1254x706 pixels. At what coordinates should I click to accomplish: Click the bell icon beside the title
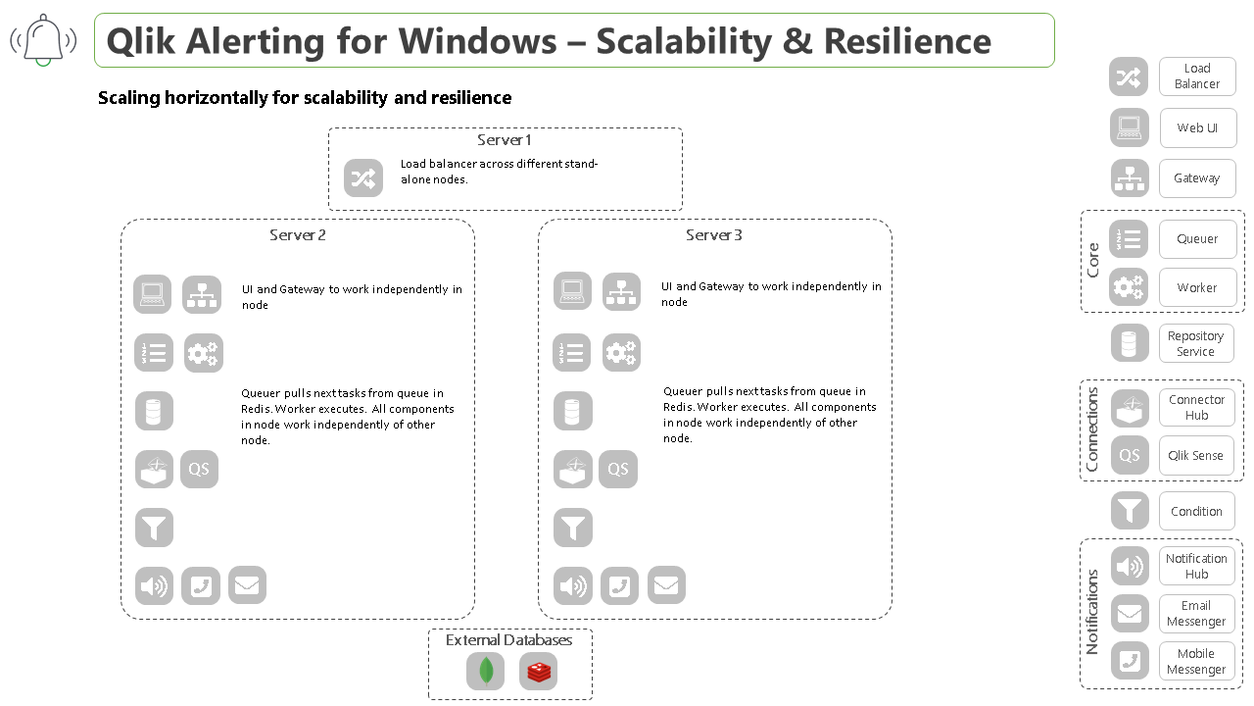click(x=43, y=40)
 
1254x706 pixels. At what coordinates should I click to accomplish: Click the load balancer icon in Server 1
click(x=363, y=178)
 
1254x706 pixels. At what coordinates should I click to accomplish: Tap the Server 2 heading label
click(x=298, y=235)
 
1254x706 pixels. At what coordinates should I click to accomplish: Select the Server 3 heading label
click(x=714, y=235)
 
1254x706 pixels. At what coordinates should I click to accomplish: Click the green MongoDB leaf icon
click(x=485, y=672)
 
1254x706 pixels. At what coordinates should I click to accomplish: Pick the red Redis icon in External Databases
click(x=539, y=672)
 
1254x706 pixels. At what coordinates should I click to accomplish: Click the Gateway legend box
click(x=1196, y=178)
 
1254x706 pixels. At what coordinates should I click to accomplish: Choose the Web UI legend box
click(x=1196, y=127)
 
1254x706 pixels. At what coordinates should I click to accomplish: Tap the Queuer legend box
click(x=1197, y=239)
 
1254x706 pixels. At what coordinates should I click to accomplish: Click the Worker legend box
click(x=1197, y=288)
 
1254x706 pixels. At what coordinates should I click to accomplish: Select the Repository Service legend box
click(x=1195, y=343)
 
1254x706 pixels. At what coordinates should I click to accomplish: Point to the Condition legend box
click(x=1196, y=512)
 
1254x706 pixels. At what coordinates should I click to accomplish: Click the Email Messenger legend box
click(x=1196, y=614)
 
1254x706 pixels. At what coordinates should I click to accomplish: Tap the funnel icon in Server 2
click(x=154, y=528)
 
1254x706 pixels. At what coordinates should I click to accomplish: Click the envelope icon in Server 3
click(x=666, y=585)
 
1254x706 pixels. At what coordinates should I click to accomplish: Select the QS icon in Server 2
click(x=199, y=470)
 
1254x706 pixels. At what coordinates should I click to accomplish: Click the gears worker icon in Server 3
click(x=621, y=353)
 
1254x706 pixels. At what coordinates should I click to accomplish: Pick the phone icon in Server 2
click(x=201, y=586)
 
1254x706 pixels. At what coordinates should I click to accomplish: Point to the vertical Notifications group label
click(x=1092, y=612)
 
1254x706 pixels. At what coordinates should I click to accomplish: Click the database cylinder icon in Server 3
click(x=572, y=411)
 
